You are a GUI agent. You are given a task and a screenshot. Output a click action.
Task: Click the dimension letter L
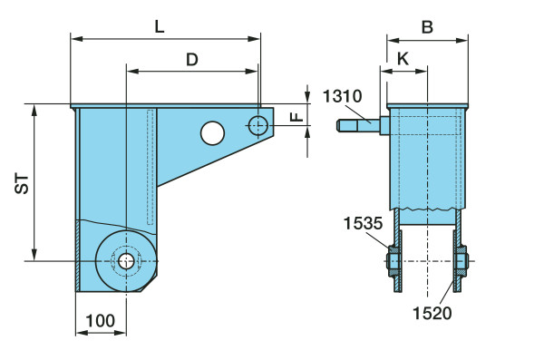coord(160,26)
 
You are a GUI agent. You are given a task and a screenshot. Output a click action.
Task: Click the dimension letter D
coord(192,60)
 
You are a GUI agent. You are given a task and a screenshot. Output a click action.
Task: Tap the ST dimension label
coord(22,184)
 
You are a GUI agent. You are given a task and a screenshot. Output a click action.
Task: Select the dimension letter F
coord(297,116)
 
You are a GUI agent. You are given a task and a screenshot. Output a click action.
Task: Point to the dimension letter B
coord(427,27)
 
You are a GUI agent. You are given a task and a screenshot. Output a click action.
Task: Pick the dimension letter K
coord(403,59)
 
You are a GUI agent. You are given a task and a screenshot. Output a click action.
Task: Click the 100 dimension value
coord(101,321)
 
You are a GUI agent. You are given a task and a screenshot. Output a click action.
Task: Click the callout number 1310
coord(342,96)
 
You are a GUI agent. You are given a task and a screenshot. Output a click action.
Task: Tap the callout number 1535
coord(363,223)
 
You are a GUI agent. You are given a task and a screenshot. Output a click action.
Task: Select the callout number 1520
coord(432,313)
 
